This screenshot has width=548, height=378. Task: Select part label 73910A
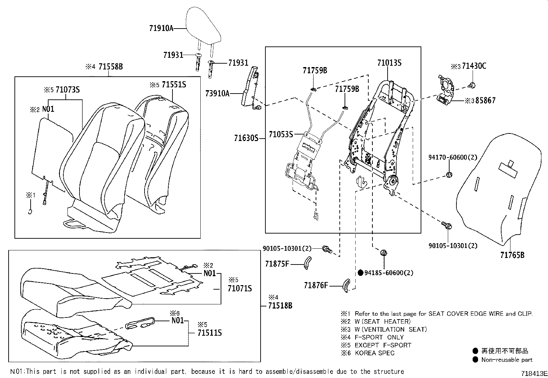[218, 93]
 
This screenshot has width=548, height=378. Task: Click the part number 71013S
[389, 63]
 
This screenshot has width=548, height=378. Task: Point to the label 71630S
[246, 138]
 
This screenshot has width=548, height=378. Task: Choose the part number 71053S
[281, 134]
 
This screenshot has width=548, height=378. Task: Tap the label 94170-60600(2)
[453, 158]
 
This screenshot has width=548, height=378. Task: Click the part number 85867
[485, 101]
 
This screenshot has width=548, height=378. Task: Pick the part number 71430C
[474, 66]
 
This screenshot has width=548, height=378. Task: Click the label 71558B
[110, 67]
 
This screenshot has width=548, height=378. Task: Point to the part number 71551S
[174, 85]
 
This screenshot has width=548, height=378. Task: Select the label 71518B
[280, 305]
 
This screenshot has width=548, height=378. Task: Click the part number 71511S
[210, 333]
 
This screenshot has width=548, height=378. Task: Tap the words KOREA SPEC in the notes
[375, 353]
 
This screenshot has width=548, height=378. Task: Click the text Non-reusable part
[507, 360]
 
